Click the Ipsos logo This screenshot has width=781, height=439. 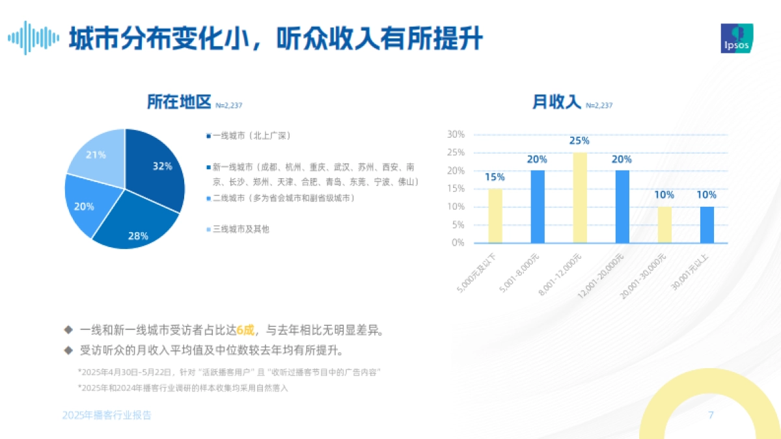click(x=737, y=39)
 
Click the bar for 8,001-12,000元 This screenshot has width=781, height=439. click(x=579, y=198)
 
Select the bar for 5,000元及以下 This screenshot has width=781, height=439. click(x=495, y=216)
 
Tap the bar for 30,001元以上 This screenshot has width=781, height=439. click(x=706, y=224)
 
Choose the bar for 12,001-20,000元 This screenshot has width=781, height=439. click(x=622, y=207)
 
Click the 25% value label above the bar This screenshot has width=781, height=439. click(x=579, y=140)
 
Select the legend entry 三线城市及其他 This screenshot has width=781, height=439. click(x=241, y=229)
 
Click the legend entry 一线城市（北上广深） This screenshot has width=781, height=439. click(x=251, y=135)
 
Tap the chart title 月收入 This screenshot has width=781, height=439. click(x=556, y=102)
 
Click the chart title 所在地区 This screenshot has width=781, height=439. click(x=180, y=102)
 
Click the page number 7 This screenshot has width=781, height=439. click(x=711, y=415)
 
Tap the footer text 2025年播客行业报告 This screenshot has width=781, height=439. click(x=107, y=415)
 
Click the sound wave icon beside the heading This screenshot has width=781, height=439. click(x=33, y=38)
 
